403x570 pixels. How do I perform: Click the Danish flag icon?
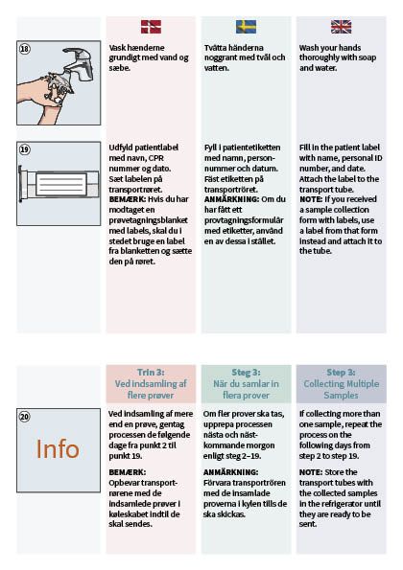tap(151, 27)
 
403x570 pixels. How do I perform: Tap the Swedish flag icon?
tap(246, 27)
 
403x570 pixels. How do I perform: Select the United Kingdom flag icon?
tap(342, 27)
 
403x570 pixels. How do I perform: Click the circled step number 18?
tap(24, 49)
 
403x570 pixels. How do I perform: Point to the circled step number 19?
tap(24, 149)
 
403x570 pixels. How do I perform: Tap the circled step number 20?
tap(24, 416)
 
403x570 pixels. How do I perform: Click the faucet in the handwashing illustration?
tap(80, 63)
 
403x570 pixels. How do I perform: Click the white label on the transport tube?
tap(60, 184)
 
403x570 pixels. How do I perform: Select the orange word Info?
tap(58, 449)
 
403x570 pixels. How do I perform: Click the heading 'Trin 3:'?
tap(151, 373)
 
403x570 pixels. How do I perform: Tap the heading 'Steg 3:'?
tap(246, 373)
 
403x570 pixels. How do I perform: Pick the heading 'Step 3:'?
tap(342, 373)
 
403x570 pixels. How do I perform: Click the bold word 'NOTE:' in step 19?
tap(311, 199)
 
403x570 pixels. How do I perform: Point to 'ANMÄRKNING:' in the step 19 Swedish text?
tap(231, 199)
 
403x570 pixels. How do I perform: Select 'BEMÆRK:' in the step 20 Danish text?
tap(127, 472)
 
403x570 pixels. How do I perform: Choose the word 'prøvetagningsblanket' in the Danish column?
tap(148, 220)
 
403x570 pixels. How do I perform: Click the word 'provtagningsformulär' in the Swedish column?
tap(243, 220)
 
